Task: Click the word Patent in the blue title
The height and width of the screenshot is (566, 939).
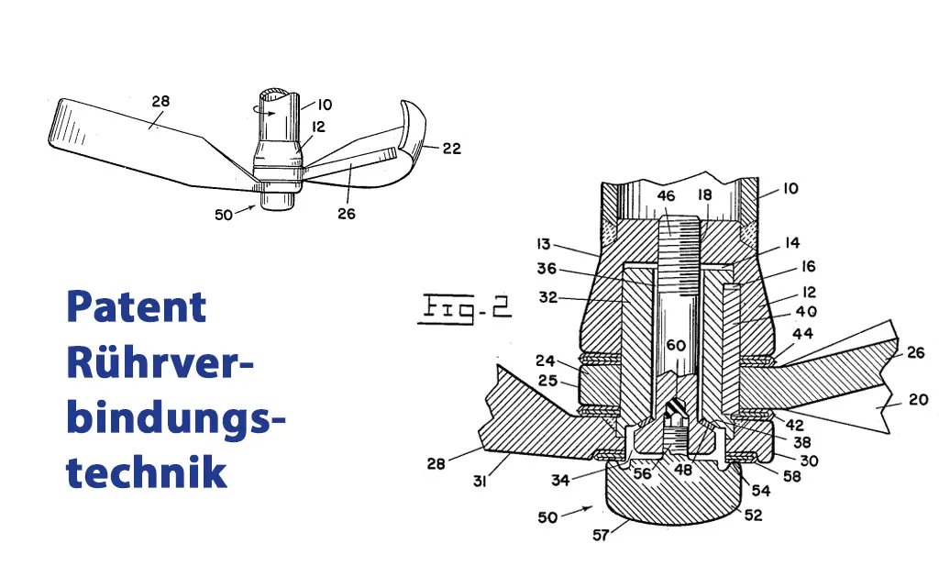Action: [x=137, y=307]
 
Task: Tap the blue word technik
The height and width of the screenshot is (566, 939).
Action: [x=147, y=472]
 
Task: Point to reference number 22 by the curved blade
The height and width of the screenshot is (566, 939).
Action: [x=451, y=148]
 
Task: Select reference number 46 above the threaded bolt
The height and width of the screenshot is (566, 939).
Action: [x=666, y=196]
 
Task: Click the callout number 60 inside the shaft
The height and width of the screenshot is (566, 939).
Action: [x=676, y=346]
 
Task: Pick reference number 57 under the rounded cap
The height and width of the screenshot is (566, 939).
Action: [x=601, y=534]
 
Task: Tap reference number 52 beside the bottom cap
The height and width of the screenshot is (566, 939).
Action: [x=753, y=515]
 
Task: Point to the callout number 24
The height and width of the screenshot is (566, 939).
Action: [x=547, y=361]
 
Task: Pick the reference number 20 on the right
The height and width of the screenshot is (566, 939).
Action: [x=918, y=399]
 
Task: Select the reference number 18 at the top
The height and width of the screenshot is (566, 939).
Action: [x=704, y=196]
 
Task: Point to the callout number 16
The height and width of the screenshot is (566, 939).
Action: [x=808, y=267]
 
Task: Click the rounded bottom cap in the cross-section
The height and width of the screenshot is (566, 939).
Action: [x=673, y=501]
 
